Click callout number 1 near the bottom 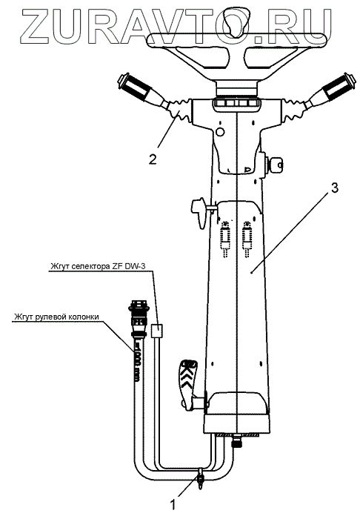(173, 504)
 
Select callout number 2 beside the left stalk (153, 159)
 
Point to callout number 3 (334, 188)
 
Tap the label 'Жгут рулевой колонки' (56, 317)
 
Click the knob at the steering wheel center (236, 23)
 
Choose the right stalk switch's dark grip (339, 87)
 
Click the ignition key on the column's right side (274, 163)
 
